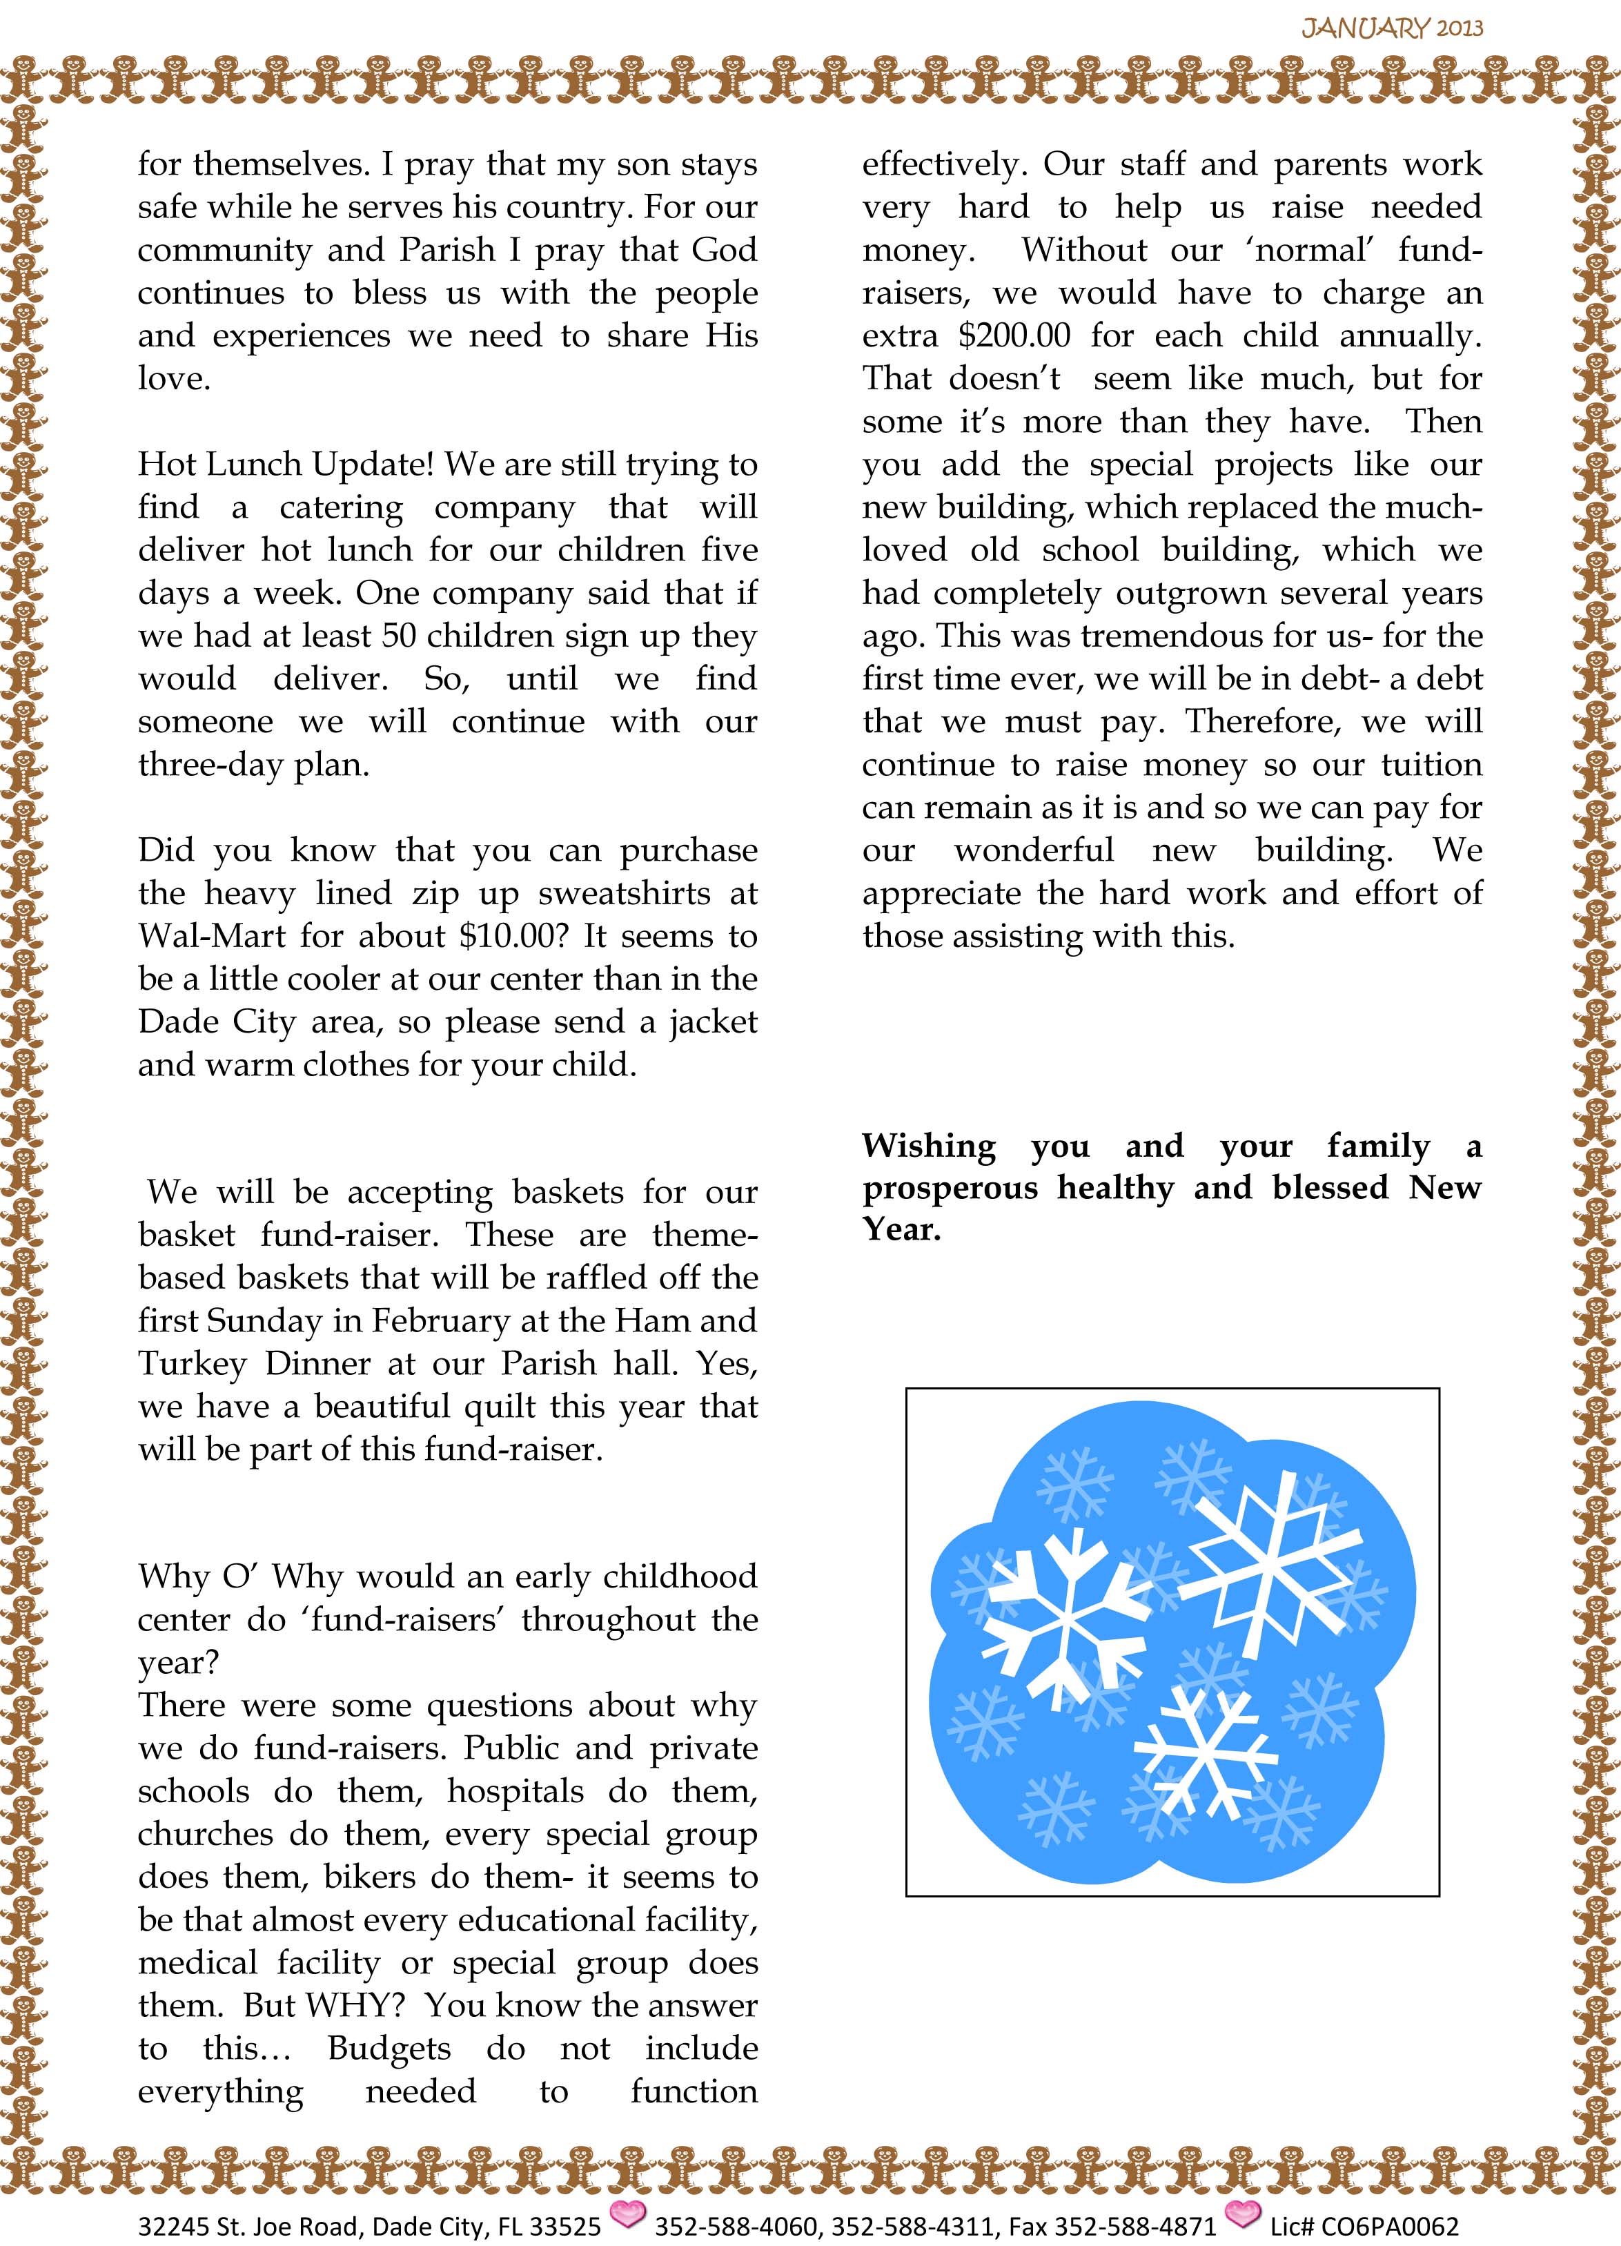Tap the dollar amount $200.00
point(1015,335)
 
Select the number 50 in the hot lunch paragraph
point(398,636)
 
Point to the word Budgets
point(389,2048)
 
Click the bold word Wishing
point(929,1146)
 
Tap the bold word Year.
point(900,1230)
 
